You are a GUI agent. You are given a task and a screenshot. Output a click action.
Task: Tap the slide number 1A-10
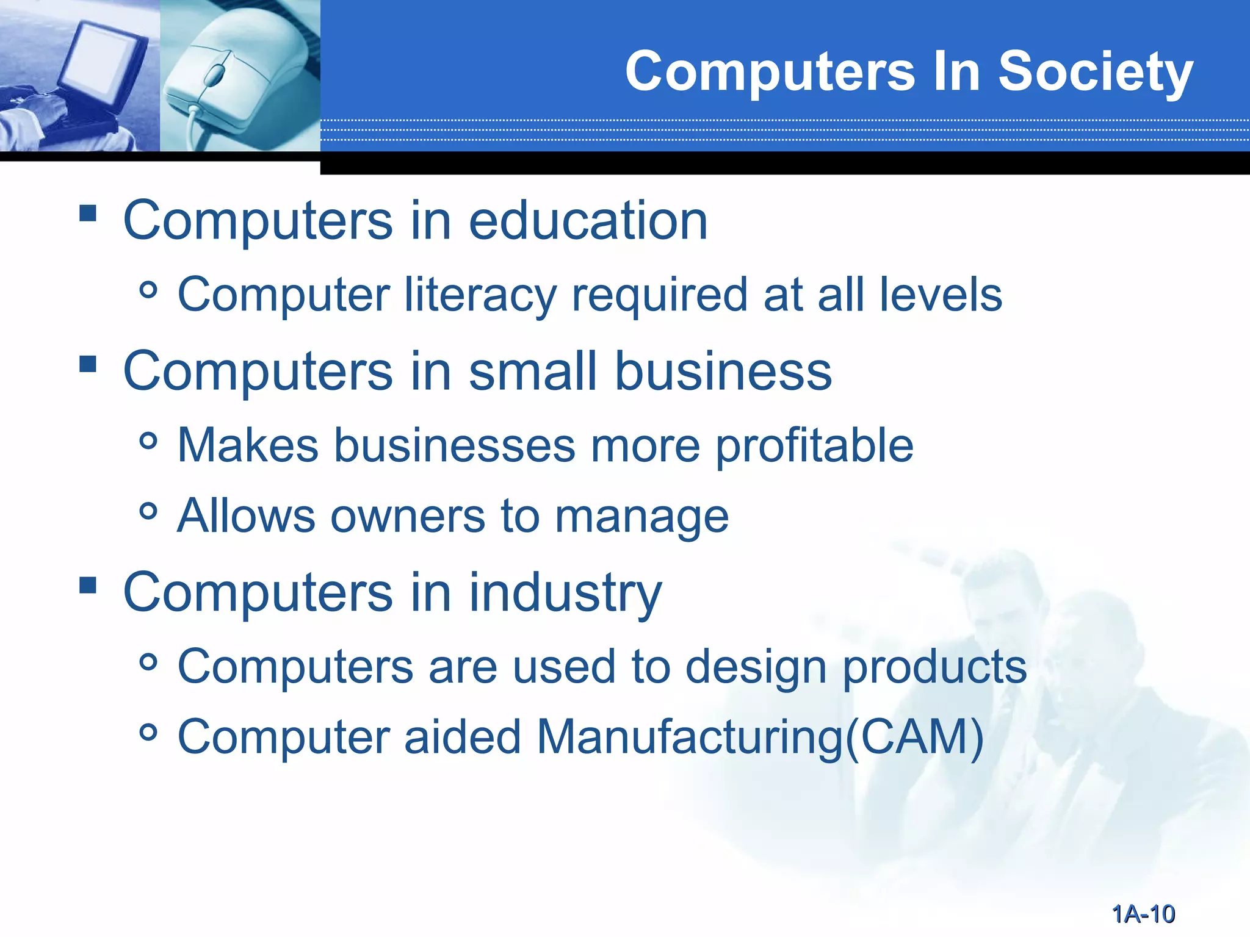point(1143,914)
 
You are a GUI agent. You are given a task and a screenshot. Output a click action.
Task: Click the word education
point(588,221)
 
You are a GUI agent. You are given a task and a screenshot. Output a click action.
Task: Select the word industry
point(565,593)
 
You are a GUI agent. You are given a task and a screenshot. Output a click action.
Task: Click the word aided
point(462,737)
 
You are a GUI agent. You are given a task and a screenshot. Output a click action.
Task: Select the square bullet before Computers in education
point(88,213)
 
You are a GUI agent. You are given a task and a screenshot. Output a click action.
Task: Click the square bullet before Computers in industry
point(88,586)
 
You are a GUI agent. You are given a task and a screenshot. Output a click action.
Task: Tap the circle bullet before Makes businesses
point(148,440)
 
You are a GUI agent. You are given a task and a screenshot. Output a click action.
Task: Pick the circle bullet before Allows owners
point(148,511)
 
